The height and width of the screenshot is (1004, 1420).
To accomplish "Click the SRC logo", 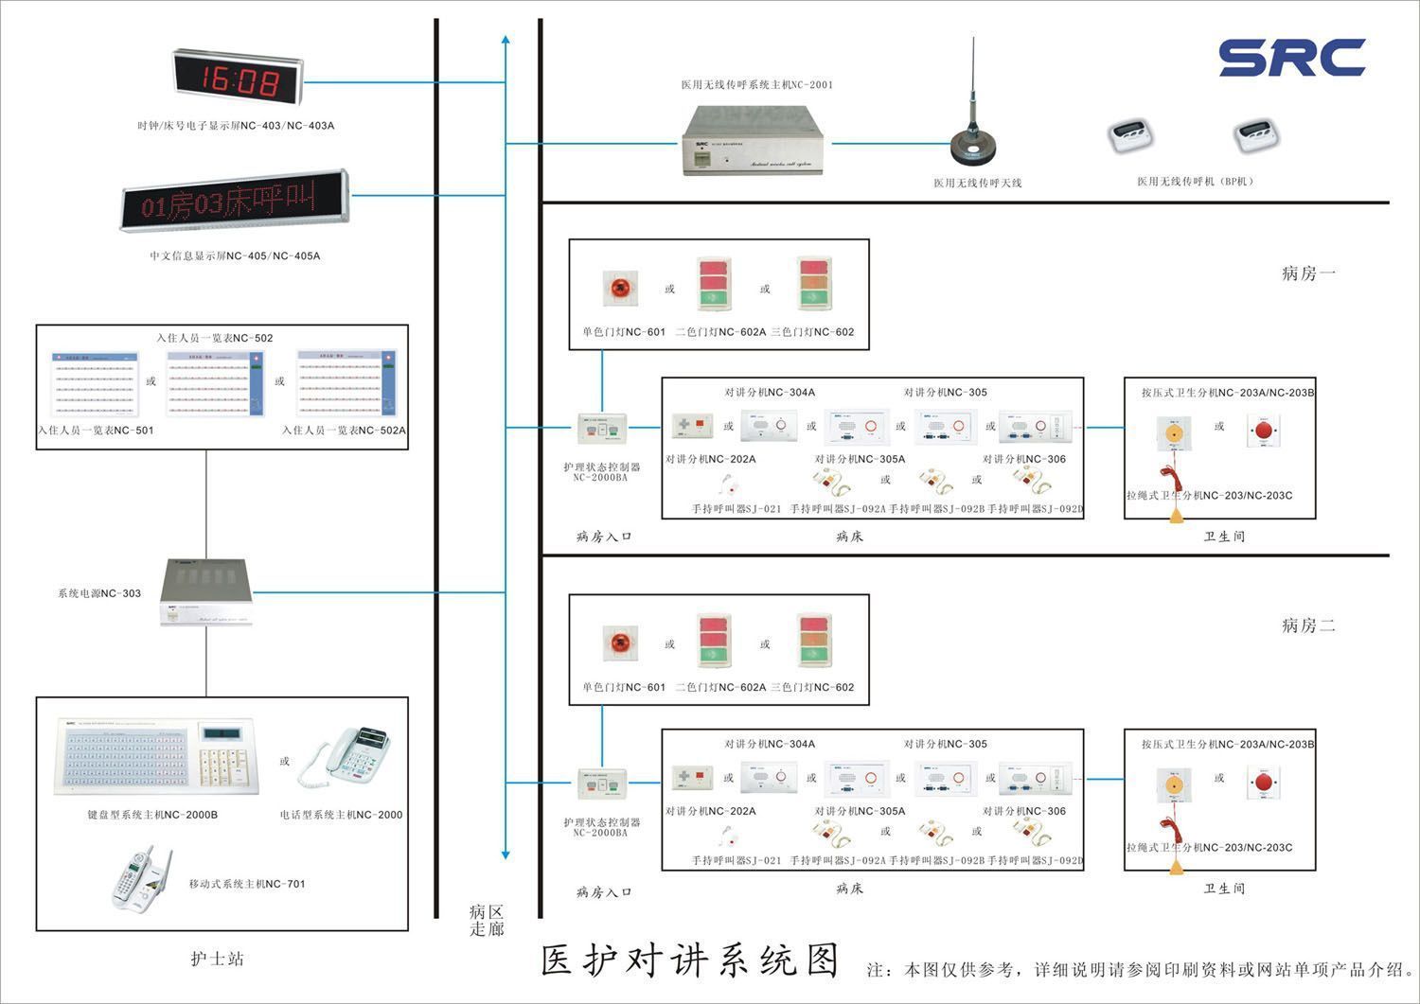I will (1291, 57).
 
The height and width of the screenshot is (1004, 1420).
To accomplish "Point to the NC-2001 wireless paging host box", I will (753, 140).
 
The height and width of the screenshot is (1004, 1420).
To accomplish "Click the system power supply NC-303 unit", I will (205, 592).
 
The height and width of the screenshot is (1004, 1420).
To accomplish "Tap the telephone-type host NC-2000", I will (346, 757).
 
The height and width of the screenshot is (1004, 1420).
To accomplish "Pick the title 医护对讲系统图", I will (691, 960).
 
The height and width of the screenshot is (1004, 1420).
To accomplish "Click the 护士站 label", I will (218, 959).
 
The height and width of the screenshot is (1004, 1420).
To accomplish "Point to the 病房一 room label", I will (1308, 273).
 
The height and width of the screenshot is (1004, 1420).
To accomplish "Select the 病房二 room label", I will (1308, 625).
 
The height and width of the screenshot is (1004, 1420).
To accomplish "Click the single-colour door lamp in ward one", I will (620, 289).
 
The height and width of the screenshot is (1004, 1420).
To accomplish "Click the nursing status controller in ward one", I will (602, 429).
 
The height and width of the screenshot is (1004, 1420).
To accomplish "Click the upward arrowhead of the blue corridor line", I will (506, 40).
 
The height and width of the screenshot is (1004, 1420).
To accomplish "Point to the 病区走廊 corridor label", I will (487, 920).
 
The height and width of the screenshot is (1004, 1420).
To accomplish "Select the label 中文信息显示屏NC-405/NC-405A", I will (235, 255).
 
